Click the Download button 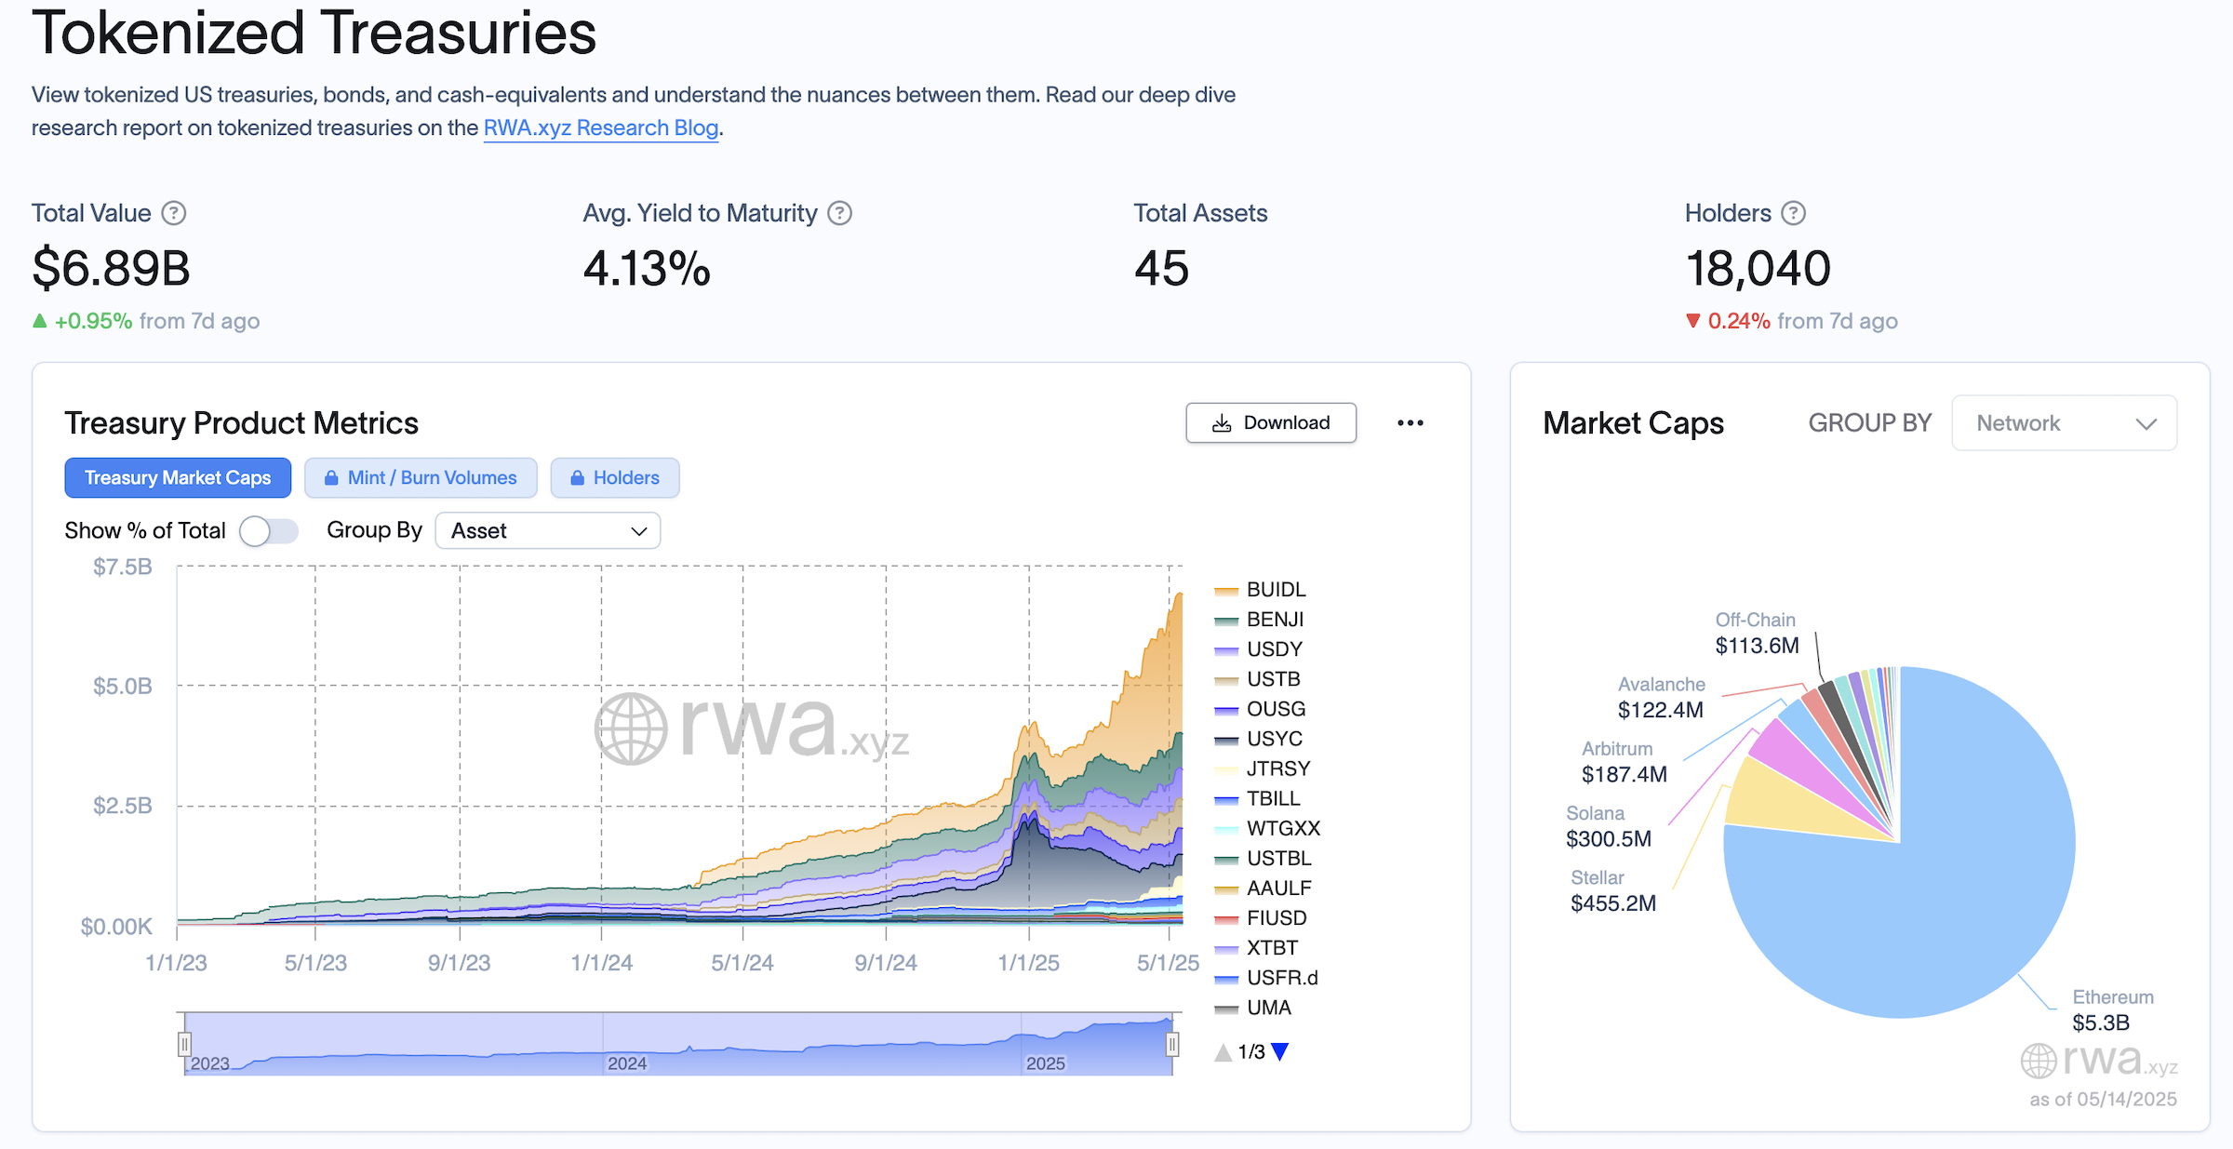pos(1270,423)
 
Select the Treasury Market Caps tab pos(178,478)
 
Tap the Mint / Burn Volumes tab pos(421,478)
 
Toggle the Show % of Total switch pos(268,531)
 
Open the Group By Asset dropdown pos(547,531)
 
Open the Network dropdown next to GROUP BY pos(2064,423)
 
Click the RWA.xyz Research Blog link pos(601,128)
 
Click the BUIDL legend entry pos(1275,590)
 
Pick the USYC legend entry pos(1273,739)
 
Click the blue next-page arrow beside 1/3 pos(1280,1052)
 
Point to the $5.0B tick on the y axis pos(122,687)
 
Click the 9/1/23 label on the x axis pos(459,963)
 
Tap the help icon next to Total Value pos(174,214)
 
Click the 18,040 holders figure pos(1758,269)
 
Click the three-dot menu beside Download pos(1410,423)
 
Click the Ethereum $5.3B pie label pos(2110,1010)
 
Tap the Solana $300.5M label pos(1608,827)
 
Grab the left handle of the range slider pos(184,1044)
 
